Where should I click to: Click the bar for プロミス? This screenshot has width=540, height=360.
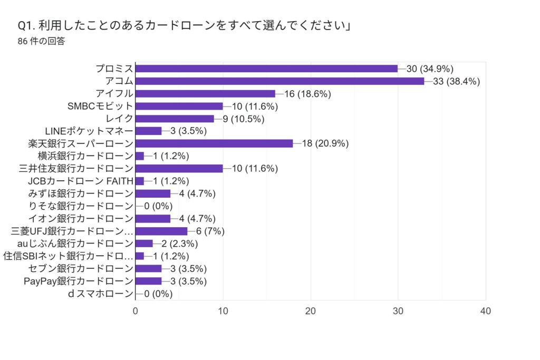point(266,69)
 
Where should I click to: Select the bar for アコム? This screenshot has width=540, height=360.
point(279,81)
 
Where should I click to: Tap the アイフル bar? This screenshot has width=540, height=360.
point(205,94)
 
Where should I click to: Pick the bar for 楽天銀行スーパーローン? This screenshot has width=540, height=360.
point(214,143)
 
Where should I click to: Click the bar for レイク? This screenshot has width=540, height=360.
point(175,119)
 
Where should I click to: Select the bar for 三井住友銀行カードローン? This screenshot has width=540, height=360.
point(179,169)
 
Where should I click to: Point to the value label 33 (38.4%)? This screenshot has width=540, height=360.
point(456,81)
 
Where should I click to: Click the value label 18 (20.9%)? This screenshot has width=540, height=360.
point(325,143)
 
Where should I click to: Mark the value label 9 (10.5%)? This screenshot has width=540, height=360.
point(244,119)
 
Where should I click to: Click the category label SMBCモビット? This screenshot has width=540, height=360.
point(100,106)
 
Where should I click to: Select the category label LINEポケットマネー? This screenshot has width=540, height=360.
point(89,131)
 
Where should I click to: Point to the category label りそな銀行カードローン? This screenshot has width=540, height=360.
point(82,206)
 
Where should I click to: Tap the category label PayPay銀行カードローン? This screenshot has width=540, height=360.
point(79,281)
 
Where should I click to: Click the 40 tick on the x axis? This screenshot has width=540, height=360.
point(486,311)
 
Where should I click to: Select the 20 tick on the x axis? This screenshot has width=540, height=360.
point(311,311)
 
